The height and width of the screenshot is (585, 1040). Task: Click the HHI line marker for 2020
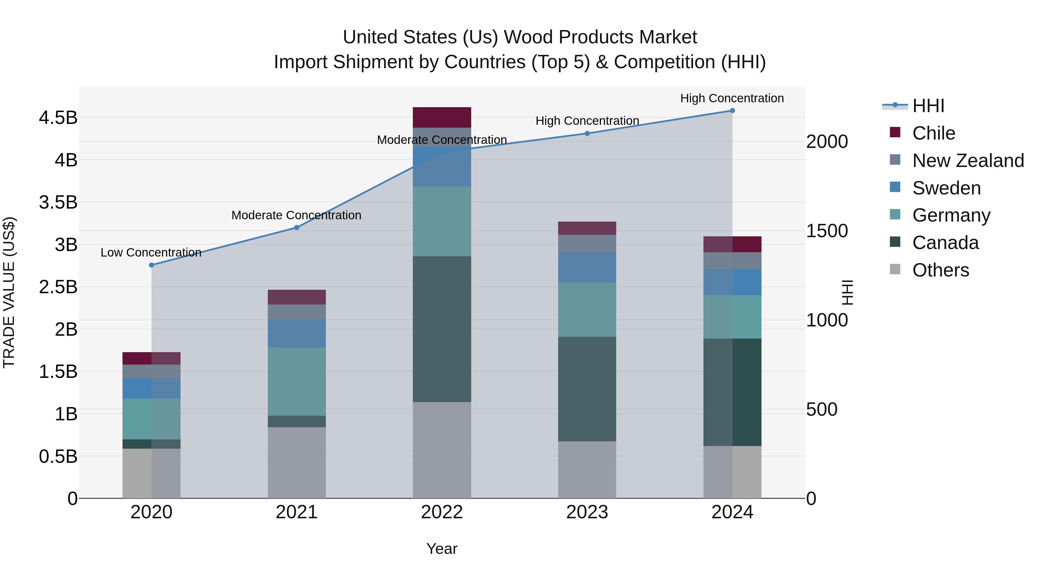(151, 265)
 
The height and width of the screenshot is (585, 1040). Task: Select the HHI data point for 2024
(732, 111)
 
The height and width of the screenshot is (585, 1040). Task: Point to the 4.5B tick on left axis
(58, 118)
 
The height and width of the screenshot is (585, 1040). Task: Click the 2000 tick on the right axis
(827, 142)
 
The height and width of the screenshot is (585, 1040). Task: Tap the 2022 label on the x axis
(442, 512)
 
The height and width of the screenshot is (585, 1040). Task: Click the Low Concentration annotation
(151, 253)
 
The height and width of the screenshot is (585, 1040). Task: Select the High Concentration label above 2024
(732, 98)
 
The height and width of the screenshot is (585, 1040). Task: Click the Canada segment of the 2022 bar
(442, 329)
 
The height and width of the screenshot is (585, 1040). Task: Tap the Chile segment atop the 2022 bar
(442, 118)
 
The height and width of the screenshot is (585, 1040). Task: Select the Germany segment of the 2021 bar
(297, 382)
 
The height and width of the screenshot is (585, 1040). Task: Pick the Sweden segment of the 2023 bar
(587, 267)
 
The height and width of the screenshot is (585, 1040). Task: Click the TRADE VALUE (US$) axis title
(9, 292)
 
